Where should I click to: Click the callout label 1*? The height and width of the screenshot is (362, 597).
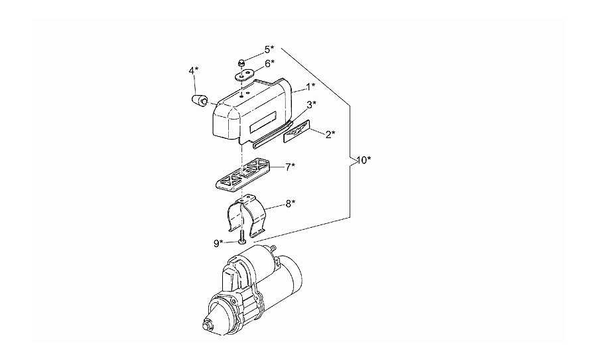point(311,87)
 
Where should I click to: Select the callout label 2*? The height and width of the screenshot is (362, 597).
point(330,135)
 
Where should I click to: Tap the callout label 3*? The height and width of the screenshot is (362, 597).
point(312,104)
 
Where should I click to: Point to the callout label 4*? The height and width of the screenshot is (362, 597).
point(194,70)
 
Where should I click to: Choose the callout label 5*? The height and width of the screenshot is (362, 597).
point(269,49)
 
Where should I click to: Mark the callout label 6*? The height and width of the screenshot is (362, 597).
point(270,64)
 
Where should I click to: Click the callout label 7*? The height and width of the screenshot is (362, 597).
point(291,167)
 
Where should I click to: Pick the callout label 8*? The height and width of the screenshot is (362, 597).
point(291,204)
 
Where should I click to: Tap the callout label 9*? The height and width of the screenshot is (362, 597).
point(218,243)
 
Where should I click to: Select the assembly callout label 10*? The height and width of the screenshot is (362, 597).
point(364,161)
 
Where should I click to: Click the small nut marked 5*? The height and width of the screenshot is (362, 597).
point(241,63)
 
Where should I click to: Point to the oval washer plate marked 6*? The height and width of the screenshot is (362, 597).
point(243,75)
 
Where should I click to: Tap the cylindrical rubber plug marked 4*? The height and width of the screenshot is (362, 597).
point(199,100)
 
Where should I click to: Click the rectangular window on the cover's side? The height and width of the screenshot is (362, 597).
point(263,122)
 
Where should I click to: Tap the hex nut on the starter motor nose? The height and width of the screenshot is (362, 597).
point(208,326)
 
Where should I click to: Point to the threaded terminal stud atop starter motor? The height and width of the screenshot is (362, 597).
point(273,248)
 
